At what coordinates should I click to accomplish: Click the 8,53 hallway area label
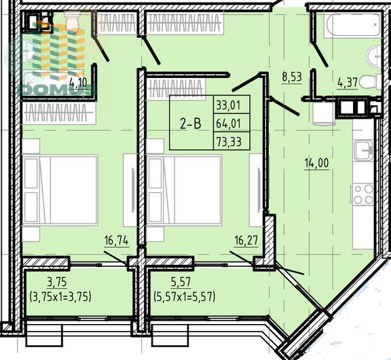(x=292, y=77)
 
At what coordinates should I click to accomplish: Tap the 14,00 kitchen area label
(x=317, y=163)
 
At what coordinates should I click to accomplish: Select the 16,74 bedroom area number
(x=117, y=240)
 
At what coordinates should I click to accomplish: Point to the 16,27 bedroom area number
(x=246, y=240)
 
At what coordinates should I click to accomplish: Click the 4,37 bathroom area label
(x=348, y=82)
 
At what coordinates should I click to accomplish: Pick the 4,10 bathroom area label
(x=78, y=82)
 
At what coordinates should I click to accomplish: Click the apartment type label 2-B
(x=191, y=124)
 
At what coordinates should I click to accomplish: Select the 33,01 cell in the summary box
(x=228, y=105)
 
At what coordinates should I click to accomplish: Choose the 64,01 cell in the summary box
(x=228, y=124)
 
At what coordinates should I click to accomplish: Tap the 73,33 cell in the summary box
(x=229, y=142)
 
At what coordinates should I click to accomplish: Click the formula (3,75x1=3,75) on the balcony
(x=60, y=297)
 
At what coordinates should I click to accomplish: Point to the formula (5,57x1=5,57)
(x=185, y=297)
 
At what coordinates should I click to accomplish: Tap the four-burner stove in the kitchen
(x=362, y=194)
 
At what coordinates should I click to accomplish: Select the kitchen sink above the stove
(x=364, y=150)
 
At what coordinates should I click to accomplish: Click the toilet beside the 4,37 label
(x=371, y=82)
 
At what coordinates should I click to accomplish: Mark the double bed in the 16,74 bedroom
(x=60, y=190)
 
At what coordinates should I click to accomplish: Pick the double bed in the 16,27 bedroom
(x=184, y=190)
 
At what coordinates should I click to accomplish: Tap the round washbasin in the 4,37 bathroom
(x=374, y=56)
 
